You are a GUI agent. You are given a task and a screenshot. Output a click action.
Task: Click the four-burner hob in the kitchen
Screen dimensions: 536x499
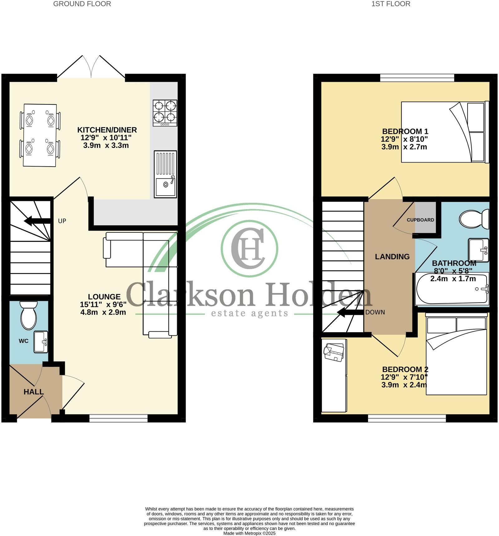point(165,113)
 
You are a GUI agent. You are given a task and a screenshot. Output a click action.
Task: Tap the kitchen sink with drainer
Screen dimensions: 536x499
point(165,174)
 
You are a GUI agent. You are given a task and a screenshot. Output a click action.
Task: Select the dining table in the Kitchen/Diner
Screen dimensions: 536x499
point(40,135)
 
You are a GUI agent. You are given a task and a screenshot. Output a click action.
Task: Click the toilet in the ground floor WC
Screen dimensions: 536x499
point(28,315)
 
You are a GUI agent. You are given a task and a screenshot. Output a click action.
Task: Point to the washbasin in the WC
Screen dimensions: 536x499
point(41,342)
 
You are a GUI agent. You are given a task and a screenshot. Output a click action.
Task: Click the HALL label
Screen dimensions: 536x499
point(34,392)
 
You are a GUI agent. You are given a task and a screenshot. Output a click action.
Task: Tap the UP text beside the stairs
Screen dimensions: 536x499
point(62,221)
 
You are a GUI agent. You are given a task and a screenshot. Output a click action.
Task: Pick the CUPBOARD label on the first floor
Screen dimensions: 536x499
point(420,220)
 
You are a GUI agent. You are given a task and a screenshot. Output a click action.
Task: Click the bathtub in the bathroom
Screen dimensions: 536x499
point(452,289)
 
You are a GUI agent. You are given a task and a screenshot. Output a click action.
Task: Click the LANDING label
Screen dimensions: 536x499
point(392,257)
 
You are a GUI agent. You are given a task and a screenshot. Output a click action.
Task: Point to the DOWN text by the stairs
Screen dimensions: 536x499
point(375,312)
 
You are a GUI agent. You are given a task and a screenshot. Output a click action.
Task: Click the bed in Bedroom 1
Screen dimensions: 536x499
point(444,132)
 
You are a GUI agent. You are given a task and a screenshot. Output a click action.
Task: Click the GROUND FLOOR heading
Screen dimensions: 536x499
point(82,4)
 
